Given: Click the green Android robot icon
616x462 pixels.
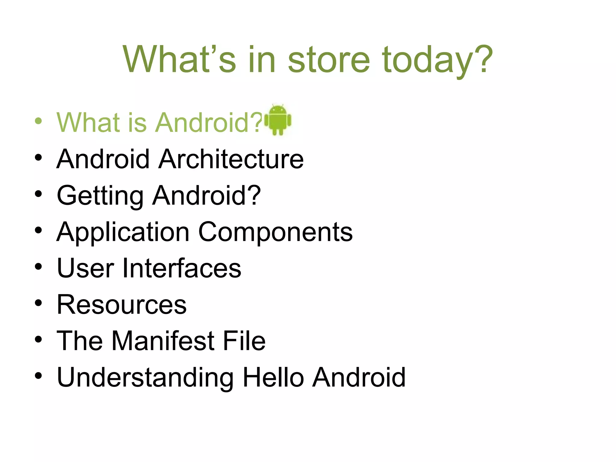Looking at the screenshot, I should (x=278, y=120).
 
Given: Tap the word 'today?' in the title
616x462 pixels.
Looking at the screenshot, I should (x=438, y=60).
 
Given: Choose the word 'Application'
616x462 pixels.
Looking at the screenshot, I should (x=123, y=233).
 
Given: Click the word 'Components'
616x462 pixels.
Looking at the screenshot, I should (x=275, y=233).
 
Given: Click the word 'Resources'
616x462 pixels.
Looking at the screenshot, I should (x=122, y=305).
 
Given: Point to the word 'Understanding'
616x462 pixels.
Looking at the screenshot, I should (x=145, y=378).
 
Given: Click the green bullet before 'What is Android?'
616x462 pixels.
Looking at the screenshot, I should (x=38, y=121).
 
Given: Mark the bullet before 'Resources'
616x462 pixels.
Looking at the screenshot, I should (x=38, y=303).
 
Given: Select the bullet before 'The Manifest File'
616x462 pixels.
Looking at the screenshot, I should (x=38, y=339).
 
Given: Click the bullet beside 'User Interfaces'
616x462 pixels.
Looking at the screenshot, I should (x=38, y=266).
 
